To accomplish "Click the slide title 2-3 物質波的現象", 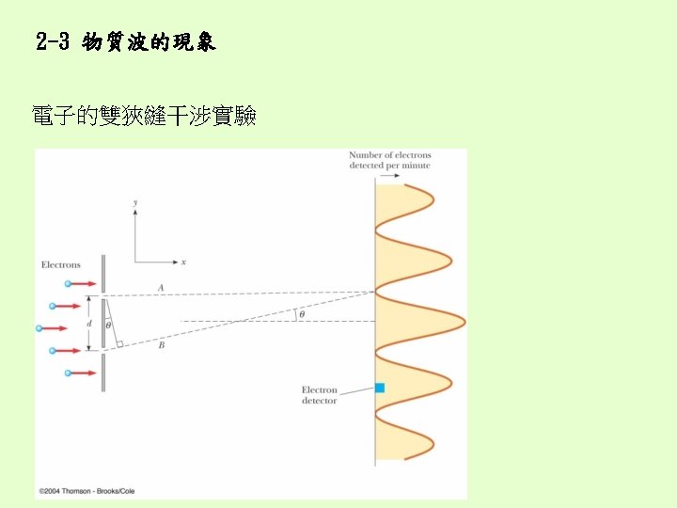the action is (x=126, y=42).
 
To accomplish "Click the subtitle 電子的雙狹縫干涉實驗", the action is (x=144, y=117).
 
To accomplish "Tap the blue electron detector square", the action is (x=380, y=388).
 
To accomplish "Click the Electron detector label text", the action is (x=319, y=395).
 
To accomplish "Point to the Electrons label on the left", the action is (x=61, y=265).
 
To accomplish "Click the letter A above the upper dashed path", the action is (x=161, y=287).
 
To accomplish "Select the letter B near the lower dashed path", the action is (x=162, y=345).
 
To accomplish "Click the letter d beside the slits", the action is (x=89, y=324).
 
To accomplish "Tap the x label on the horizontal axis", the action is (x=183, y=262).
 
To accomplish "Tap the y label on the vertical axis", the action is (x=136, y=202).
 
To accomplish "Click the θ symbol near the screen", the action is (x=301, y=314).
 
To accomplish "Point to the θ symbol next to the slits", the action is (x=108, y=325).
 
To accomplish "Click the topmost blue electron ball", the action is (x=69, y=282).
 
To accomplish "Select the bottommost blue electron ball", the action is (x=69, y=373).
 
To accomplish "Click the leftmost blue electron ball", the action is (x=39, y=328).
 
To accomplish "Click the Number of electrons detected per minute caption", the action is (x=389, y=160).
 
